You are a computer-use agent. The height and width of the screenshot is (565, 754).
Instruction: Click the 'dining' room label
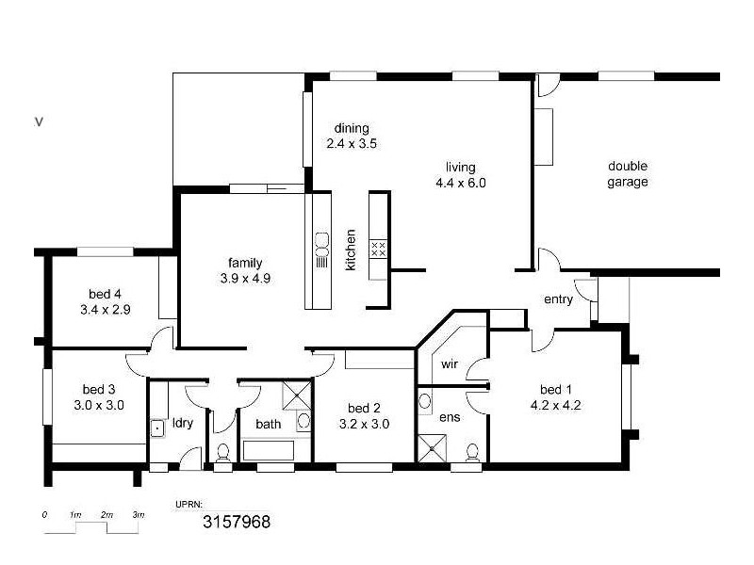[352, 129]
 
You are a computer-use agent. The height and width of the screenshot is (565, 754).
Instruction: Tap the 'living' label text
[461, 168]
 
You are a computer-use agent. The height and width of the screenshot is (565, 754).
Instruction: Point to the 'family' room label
[244, 263]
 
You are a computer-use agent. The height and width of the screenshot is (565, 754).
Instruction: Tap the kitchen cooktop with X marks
[379, 249]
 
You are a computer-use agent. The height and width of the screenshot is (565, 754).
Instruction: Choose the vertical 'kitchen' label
[351, 250]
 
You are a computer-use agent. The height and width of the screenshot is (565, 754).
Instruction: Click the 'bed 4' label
[105, 293]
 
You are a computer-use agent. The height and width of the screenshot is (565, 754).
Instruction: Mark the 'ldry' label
[182, 423]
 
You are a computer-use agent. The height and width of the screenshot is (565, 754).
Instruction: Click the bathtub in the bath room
[276, 449]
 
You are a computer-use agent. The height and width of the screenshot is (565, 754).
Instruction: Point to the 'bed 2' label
[364, 408]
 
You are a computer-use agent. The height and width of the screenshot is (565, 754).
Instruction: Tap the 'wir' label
[450, 363]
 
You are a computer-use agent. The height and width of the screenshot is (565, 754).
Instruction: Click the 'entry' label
[558, 299]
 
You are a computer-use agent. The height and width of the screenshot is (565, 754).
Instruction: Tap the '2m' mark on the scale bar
[107, 515]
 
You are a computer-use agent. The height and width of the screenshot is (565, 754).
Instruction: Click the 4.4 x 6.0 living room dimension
[461, 184]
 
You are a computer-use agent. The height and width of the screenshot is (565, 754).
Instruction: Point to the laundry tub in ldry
[158, 428]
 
